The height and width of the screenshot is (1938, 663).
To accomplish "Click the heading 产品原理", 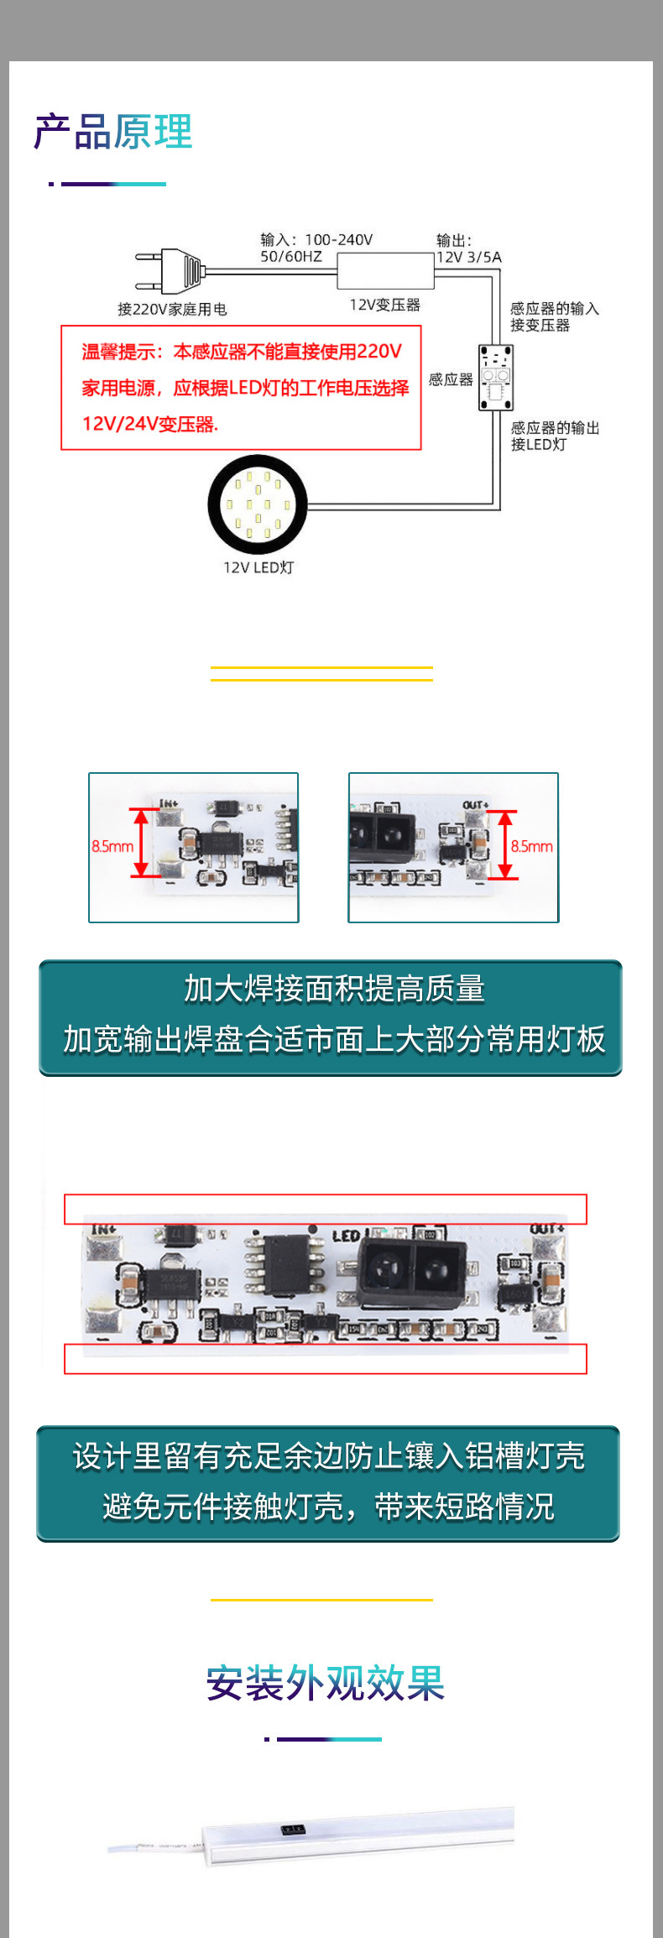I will pos(113,133).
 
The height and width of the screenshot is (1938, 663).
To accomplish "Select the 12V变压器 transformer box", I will pos(385,270).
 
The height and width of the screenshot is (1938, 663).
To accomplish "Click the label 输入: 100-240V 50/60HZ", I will pos(316,248).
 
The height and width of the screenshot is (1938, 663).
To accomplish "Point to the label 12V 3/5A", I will pos(469,258).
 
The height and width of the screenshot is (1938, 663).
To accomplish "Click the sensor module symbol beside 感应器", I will pos(495,378).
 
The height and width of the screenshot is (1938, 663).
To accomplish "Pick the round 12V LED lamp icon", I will pos(258,504).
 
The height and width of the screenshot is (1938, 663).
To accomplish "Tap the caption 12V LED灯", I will pos(258,567).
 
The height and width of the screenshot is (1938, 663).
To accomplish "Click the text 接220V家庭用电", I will pos(172,309).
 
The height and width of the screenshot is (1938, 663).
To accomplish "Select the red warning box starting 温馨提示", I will pos(241,388).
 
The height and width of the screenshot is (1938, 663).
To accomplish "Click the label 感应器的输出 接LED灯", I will pos(555,436).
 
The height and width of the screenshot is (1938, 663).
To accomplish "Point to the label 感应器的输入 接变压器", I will pos(554,316).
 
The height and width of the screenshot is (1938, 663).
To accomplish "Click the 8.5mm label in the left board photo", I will pos(112,846).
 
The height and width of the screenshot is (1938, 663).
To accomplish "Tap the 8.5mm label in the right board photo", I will pos(532,846).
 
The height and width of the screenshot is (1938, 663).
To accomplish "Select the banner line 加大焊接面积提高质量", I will pos(334,989).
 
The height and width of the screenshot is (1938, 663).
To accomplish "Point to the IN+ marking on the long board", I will pos(103,1230).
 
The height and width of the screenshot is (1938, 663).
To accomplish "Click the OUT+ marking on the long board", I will pos(546,1229).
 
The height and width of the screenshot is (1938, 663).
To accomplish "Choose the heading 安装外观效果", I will pos(325,1684).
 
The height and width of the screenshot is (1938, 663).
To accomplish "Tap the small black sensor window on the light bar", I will pos(292,1828).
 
